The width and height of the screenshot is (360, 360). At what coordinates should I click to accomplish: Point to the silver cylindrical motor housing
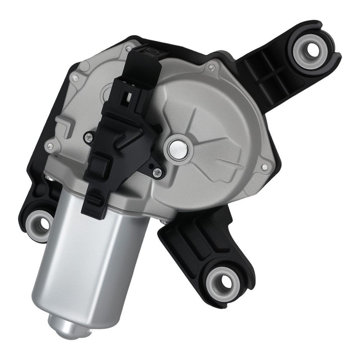pyautogui.click(x=90, y=259)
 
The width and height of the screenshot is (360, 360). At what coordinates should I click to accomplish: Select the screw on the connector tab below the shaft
pyautogui.click(x=156, y=173)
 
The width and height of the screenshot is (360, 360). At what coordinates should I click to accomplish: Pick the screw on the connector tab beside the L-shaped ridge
pyautogui.click(x=87, y=136)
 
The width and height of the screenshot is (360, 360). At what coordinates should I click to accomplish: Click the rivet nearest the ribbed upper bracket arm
pyautogui.click(x=212, y=66)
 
